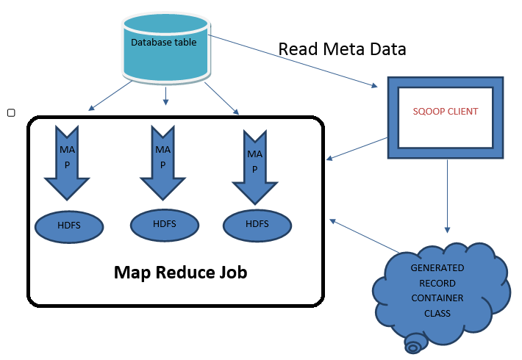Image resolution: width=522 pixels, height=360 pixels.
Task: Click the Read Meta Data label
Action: (342, 49)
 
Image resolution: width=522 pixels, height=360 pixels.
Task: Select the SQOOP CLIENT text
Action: (446, 112)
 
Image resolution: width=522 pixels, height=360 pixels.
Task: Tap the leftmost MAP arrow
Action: (67, 162)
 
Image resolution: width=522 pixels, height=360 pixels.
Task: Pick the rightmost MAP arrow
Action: (255, 166)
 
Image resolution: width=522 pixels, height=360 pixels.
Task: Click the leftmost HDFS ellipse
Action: (69, 225)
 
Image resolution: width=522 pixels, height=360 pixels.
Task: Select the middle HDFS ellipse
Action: (163, 224)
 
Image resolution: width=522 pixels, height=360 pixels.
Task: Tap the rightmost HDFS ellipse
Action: (257, 225)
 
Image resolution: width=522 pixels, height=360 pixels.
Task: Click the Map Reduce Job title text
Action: (180, 273)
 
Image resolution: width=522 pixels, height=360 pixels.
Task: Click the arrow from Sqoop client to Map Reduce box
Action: (357, 147)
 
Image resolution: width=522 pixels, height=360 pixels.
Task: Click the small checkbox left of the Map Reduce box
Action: (10, 112)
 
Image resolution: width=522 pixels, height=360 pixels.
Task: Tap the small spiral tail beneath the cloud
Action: (415, 343)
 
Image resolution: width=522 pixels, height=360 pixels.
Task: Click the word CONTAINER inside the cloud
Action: (437, 298)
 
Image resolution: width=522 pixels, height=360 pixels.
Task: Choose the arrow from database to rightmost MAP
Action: (222, 98)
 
